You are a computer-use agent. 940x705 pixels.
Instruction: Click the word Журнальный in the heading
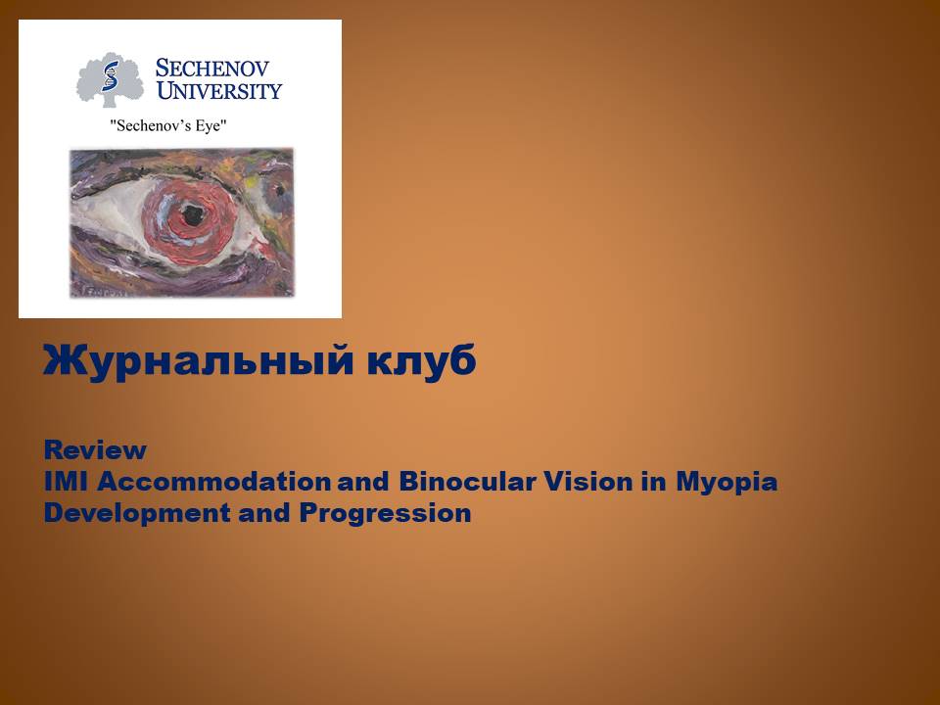pyautogui.click(x=197, y=361)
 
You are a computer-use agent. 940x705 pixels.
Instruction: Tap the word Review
pyautogui.click(x=95, y=450)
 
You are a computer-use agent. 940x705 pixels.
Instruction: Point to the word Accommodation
pyautogui.click(x=214, y=482)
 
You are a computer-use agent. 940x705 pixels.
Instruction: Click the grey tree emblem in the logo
pyautogui.click(x=110, y=79)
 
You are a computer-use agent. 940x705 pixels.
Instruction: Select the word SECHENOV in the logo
pyautogui.click(x=213, y=70)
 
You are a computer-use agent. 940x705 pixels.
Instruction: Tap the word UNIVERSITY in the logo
pyautogui.click(x=219, y=92)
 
